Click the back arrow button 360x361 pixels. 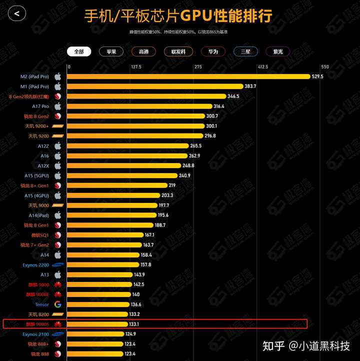pos(17,13)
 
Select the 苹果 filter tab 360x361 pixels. pos(111,51)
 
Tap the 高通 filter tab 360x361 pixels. pos(143,51)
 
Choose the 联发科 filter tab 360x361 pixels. pos(178,51)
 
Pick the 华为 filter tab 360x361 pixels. pos(213,51)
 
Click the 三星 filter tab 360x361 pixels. pos(245,51)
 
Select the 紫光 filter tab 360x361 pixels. pos(278,51)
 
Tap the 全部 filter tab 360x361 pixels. pos(79,51)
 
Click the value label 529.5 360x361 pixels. pos(317,76)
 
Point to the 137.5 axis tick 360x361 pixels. pos(136,67)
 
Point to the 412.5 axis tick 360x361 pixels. pos(263,67)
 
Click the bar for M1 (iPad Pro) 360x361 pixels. pos(155,86)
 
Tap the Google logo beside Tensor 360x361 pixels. pos(57,304)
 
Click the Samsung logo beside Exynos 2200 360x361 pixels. pos(57,264)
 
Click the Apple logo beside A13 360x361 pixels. pos(57,274)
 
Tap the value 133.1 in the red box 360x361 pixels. pos(134,324)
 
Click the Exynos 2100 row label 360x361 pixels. pos(36,334)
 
